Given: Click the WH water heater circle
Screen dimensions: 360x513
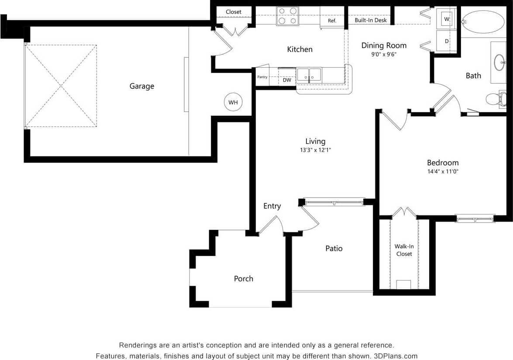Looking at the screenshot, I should pyautogui.click(x=233, y=102).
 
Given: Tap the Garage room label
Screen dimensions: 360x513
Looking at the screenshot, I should pyautogui.click(x=141, y=86).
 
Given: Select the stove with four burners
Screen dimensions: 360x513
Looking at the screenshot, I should pyautogui.click(x=287, y=16).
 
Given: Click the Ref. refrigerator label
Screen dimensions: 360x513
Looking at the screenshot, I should pyautogui.click(x=332, y=21).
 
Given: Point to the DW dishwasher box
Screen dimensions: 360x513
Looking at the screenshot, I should pyautogui.click(x=287, y=80).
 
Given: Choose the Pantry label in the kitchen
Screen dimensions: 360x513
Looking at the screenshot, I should pyautogui.click(x=262, y=77).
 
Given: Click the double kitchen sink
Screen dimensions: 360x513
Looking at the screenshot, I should pyautogui.click(x=309, y=75).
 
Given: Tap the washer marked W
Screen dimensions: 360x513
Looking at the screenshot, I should pyautogui.click(x=447, y=19).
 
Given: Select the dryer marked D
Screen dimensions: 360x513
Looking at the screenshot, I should pyautogui.click(x=447, y=41).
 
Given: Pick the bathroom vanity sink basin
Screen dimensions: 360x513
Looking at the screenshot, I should pyautogui.click(x=499, y=62).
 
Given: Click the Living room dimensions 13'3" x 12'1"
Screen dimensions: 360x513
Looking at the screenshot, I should pyautogui.click(x=315, y=150).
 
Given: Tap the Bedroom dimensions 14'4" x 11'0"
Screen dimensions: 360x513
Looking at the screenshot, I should pyautogui.click(x=443, y=172).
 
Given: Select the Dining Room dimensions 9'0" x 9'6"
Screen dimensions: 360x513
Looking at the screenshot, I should pyautogui.click(x=384, y=55).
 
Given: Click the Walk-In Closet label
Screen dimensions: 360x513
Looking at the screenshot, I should pyautogui.click(x=404, y=250).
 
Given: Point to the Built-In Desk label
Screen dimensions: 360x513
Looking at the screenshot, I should pyautogui.click(x=370, y=20).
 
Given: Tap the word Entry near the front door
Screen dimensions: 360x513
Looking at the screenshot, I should pyautogui.click(x=272, y=206).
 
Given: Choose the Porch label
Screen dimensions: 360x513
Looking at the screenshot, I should pyautogui.click(x=243, y=279).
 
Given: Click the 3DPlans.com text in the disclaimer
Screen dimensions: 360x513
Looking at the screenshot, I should pyautogui.click(x=396, y=356).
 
